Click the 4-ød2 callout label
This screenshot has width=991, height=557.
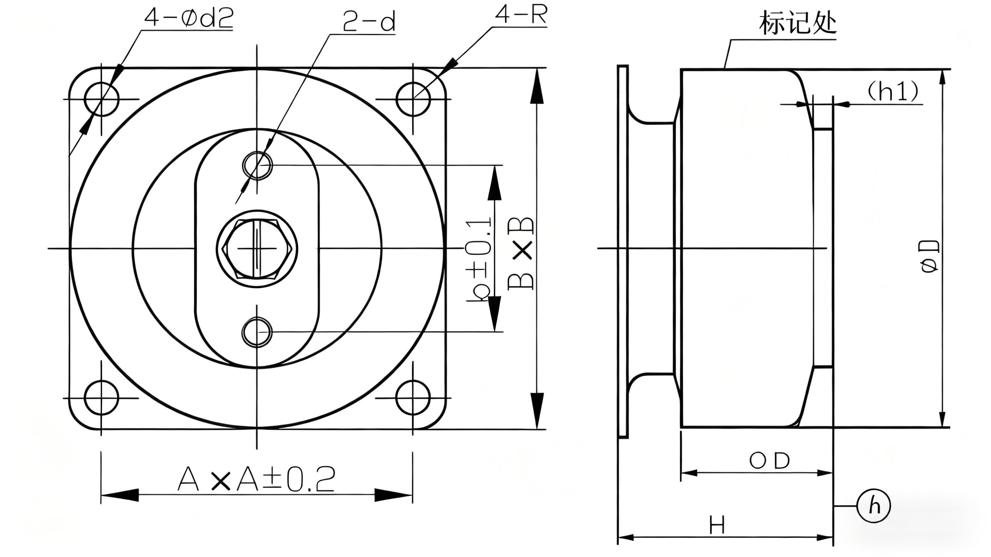click(188, 18)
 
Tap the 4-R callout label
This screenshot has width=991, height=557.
click(521, 15)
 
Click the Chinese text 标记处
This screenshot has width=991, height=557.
click(798, 23)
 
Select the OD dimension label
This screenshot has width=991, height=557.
click(770, 461)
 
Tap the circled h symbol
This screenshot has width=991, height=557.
click(874, 505)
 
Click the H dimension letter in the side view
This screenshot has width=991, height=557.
click(717, 525)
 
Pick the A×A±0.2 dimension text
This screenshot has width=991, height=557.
click(256, 479)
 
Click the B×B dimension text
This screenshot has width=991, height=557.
click(522, 254)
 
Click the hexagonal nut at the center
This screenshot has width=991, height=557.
click(257, 249)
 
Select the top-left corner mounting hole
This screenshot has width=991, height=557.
click(102, 99)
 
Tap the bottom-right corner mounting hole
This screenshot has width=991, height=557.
click(413, 398)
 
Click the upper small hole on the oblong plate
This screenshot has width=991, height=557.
click(257, 165)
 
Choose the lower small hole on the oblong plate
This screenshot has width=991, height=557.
click(257, 332)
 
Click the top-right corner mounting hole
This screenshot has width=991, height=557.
click(413, 99)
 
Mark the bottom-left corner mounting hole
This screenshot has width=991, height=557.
click(102, 398)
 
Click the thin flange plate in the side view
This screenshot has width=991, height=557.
click(623, 251)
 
